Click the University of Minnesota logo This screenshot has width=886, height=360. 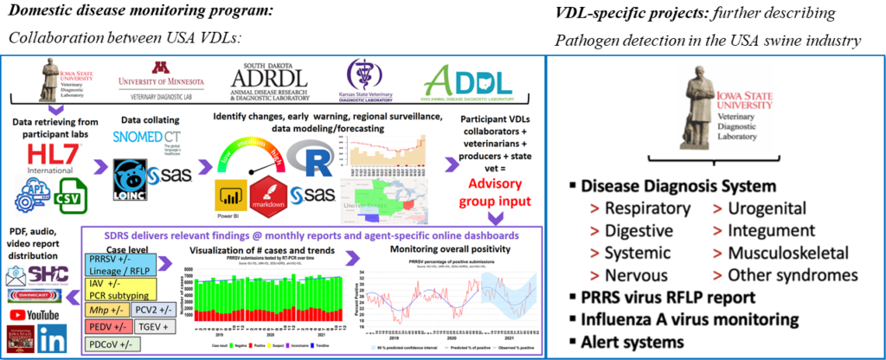[158, 78]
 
